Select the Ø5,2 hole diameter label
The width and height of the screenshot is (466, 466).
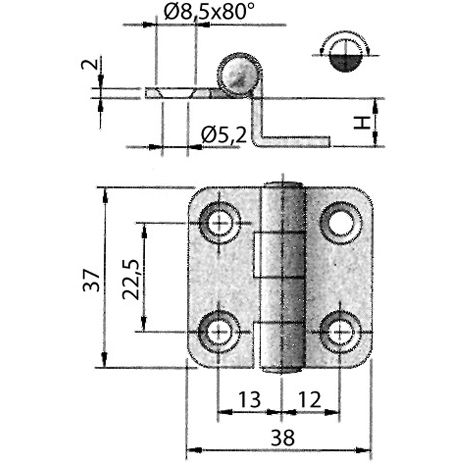pos(224,136)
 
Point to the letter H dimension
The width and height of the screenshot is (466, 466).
pos(362,123)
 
